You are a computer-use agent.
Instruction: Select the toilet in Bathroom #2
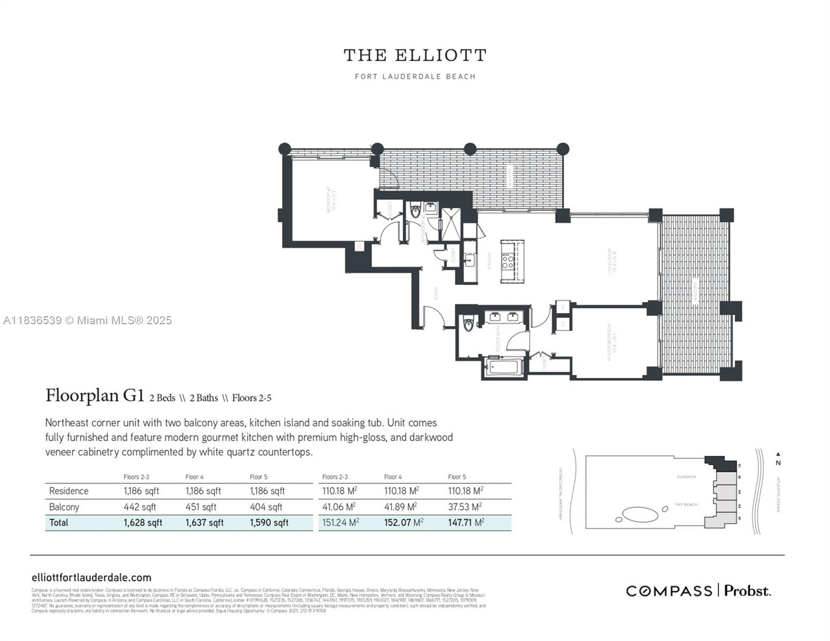pos(416,213)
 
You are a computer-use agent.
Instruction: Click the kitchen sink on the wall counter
pos(470,261)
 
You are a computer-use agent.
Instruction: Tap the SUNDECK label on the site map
pos(686,476)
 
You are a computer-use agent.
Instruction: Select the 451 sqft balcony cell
pos(201,507)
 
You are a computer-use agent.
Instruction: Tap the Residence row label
pos(68,491)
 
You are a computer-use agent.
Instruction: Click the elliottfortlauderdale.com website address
pos(91,577)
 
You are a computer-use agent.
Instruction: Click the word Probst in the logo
pos(747,591)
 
